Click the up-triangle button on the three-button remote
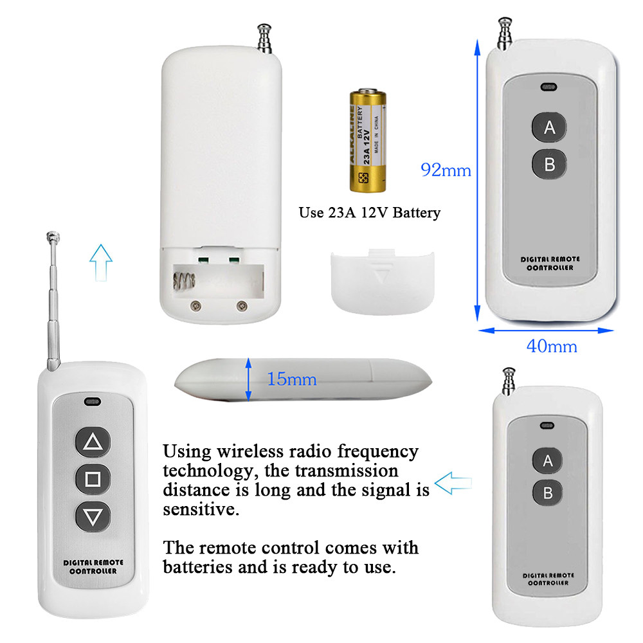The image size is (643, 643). point(93,442)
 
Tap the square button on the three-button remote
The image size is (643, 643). point(93,479)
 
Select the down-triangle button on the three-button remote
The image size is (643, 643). point(93,516)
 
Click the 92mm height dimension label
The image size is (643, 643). point(446,170)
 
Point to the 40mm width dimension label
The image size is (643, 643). point(552,346)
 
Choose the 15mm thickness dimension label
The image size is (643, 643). point(293,379)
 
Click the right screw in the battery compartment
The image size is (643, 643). point(242,305)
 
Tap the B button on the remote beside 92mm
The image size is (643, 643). point(549,165)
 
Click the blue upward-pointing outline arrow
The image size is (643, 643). point(101,261)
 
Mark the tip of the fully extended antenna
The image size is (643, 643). point(50,235)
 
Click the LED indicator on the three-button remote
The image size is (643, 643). point(91,403)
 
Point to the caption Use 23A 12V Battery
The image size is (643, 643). point(370,213)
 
